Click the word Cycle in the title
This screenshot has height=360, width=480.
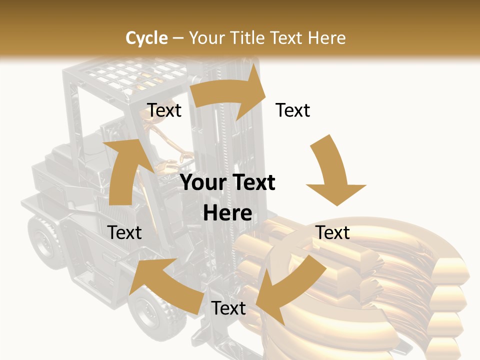click(x=146, y=38)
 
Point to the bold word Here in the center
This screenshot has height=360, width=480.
click(x=227, y=213)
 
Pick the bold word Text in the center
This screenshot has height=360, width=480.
click(x=251, y=183)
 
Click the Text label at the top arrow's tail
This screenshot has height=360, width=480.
click(x=164, y=110)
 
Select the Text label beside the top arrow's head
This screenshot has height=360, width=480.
click(x=293, y=110)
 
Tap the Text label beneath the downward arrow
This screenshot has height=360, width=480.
click(x=332, y=232)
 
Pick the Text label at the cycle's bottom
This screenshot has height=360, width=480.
click(x=228, y=308)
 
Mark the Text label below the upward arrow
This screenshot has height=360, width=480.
click(x=124, y=232)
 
